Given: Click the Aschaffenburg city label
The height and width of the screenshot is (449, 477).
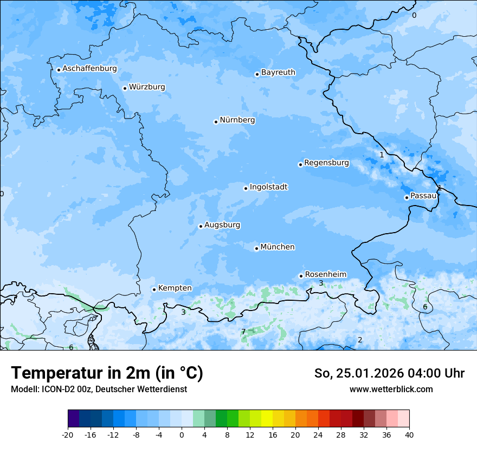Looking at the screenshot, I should pyautogui.click(x=89, y=69).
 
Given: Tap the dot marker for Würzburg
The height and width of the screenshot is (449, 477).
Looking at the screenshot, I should pyautogui.click(x=125, y=88).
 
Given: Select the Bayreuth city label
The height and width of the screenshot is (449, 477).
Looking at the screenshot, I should pyautogui.click(x=278, y=72).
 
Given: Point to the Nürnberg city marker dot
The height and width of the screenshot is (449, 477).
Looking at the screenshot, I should pyautogui.click(x=216, y=122).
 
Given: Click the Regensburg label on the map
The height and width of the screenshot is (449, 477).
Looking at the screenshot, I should pyautogui.click(x=326, y=163).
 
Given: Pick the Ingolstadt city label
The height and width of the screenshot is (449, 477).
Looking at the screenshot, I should pyautogui.click(x=268, y=187).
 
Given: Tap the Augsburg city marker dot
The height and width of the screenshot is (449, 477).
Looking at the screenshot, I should pyautogui.click(x=201, y=226).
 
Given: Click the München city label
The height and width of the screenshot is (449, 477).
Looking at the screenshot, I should pyautogui.click(x=278, y=247).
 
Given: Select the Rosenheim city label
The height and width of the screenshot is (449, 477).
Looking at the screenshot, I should pyautogui.click(x=325, y=274).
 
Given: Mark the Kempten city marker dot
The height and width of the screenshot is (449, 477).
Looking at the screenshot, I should pyautogui.click(x=154, y=289).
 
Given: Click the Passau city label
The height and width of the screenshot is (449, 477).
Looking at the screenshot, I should pyautogui.click(x=423, y=196).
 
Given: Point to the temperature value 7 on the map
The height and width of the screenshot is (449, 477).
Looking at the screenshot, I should pyautogui.click(x=243, y=332).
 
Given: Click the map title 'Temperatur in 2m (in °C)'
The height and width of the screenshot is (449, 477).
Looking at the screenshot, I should pyautogui.click(x=107, y=373).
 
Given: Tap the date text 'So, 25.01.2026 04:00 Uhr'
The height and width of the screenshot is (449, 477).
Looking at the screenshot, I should pyautogui.click(x=389, y=373).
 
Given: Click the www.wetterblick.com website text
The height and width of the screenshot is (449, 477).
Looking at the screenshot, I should pyautogui.click(x=391, y=389).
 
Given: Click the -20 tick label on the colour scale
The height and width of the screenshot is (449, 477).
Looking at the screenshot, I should pyautogui.click(x=68, y=435).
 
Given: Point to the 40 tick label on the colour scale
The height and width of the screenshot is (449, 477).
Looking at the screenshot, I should pyautogui.click(x=409, y=435).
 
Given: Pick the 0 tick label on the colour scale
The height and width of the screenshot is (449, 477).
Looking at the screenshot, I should pyautogui.click(x=182, y=435).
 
